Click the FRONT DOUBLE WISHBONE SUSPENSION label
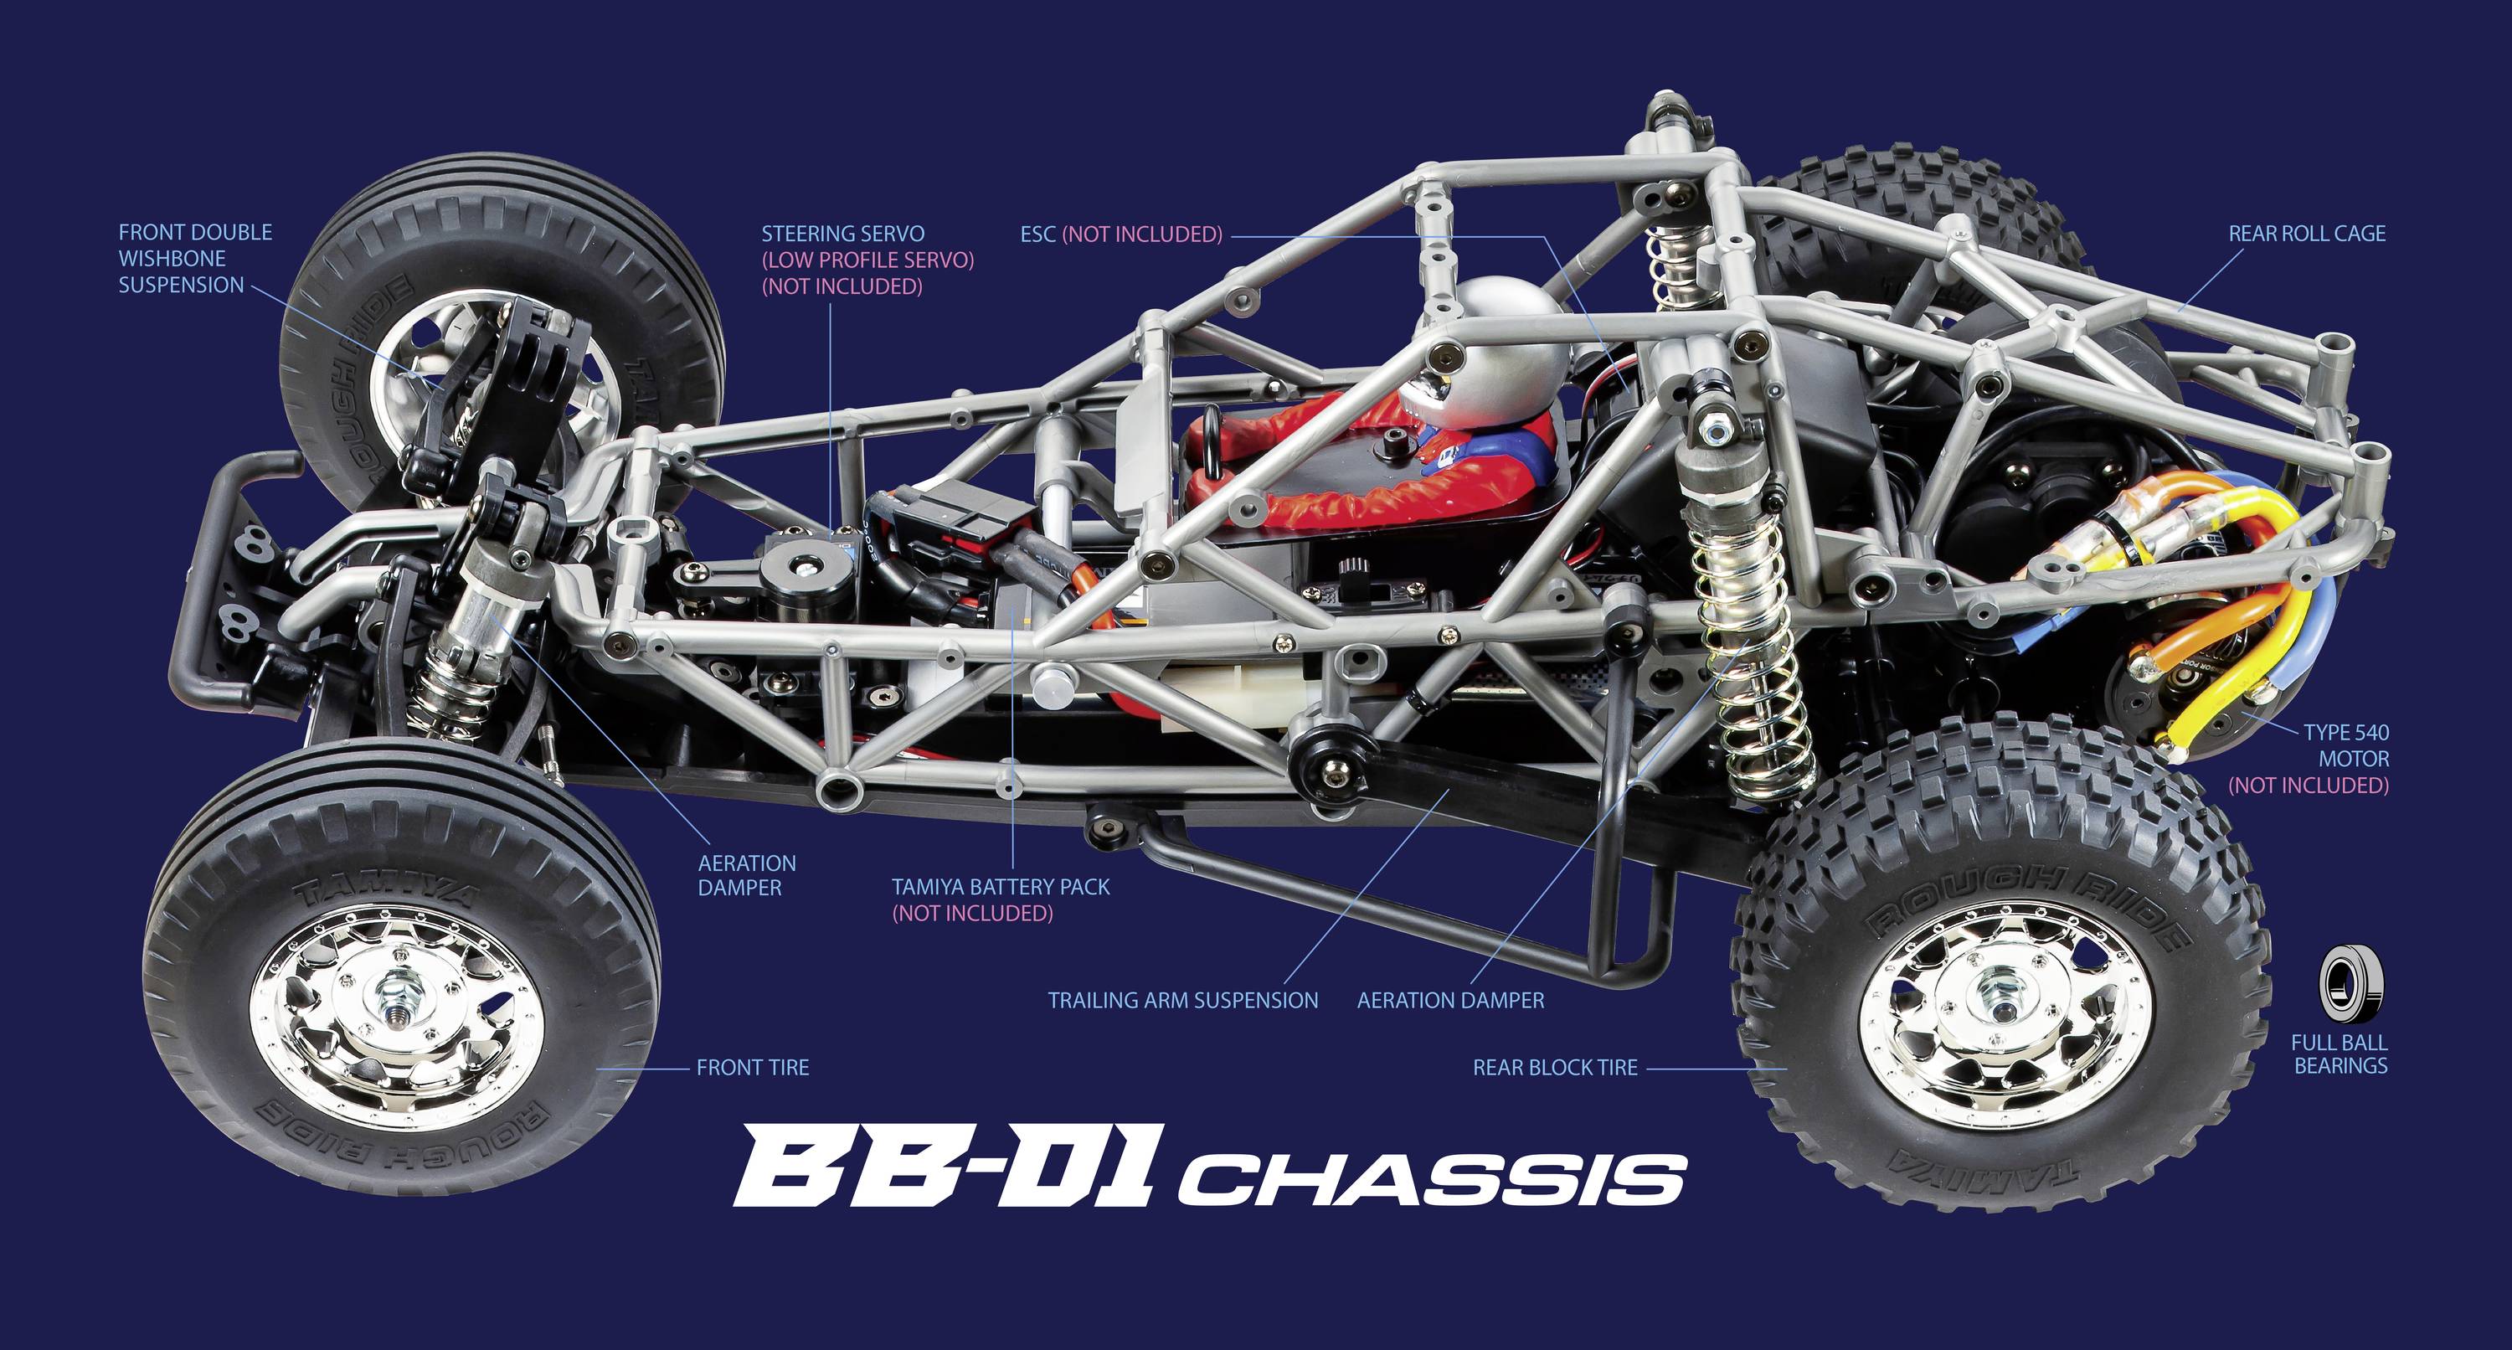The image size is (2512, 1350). [195, 259]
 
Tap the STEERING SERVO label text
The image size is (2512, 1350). [842, 234]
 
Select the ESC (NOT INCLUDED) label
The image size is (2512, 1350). [1120, 235]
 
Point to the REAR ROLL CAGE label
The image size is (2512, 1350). [2306, 234]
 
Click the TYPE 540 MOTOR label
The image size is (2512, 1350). [2345, 758]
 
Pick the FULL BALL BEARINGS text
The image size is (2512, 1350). [2340, 1054]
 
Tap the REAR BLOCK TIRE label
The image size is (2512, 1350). [1554, 1068]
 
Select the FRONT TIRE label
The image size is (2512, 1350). [752, 1068]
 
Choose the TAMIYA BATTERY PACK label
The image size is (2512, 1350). [1001, 888]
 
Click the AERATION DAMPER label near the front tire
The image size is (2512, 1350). [746, 876]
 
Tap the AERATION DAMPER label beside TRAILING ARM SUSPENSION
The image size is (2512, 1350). [1450, 1001]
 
